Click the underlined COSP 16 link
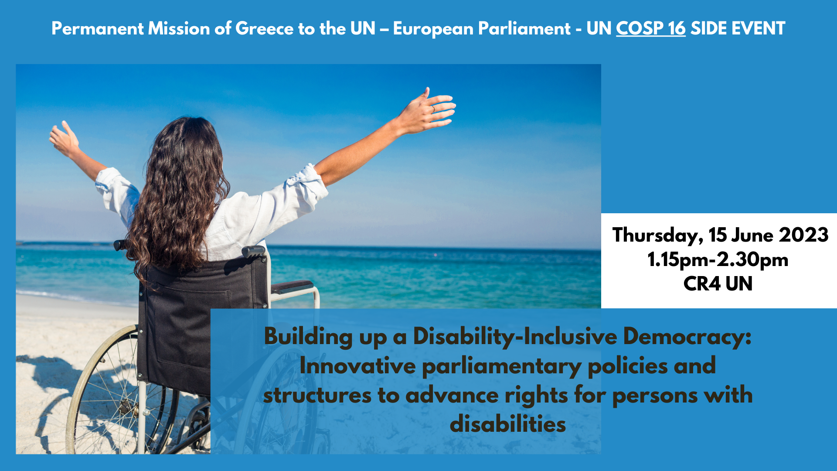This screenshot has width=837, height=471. point(650,29)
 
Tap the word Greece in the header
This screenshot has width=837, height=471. point(264,29)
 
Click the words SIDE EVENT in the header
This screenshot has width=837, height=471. point(738,29)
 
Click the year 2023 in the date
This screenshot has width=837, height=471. point(803,235)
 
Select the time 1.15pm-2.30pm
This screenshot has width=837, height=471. point(718,260)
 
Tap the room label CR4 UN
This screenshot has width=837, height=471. point(718,284)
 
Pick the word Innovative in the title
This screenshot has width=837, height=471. point(357,366)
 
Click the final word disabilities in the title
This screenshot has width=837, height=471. point(508,424)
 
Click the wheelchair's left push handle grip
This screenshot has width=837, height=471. point(120,245)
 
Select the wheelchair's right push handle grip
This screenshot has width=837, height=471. point(253,251)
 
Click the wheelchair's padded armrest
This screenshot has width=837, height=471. point(292,287)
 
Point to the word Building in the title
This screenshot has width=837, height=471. point(308,337)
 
